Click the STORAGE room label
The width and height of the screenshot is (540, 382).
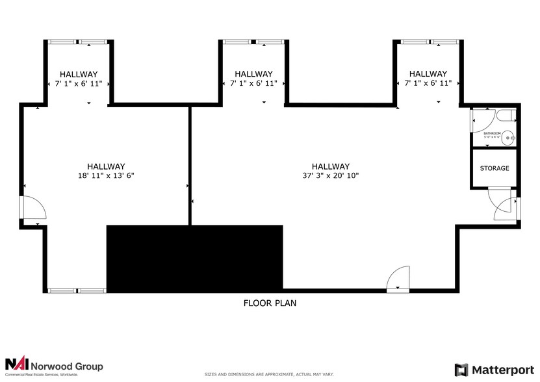pos(495,168)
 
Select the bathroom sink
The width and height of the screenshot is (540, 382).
pos(509,137)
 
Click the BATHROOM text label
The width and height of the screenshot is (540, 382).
pos(492,133)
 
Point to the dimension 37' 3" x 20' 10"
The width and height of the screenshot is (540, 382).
pos(330,175)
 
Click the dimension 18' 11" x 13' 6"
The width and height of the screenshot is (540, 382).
pos(106,175)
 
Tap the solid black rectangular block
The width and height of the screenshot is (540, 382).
pos(194,258)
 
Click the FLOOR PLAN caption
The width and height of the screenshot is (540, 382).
pos(270,303)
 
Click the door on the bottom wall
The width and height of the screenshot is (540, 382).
pos(398,280)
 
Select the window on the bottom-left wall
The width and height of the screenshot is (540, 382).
pos(77,290)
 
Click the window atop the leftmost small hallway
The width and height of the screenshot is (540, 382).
pos(79,42)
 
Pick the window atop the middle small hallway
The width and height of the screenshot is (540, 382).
pos(253,42)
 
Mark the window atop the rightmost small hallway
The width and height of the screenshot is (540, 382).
pos(428,42)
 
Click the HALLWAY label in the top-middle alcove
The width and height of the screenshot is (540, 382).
pos(253,74)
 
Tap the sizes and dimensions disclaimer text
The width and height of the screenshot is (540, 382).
pos(270,375)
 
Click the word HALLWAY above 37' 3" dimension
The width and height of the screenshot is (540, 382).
pos(330,166)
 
